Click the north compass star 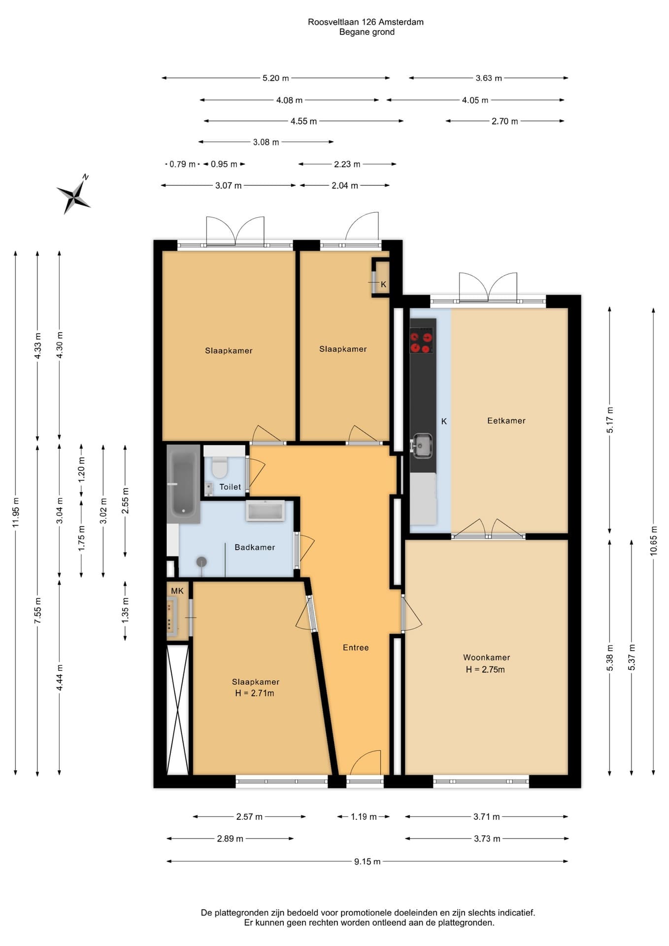point(74,196)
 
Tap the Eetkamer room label point(506,421)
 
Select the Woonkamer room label point(486,657)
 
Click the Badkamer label point(255,547)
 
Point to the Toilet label point(230,487)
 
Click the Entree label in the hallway point(356,647)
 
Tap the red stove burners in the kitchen point(422,342)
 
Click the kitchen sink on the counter point(422,445)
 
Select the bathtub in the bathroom point(183,484)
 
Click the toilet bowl point(219,467)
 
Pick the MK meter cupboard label point(177,591)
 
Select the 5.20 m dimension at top point(275,78)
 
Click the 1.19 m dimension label point(364,817)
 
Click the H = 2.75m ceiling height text point(485,670)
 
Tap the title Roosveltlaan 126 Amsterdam point(366,22)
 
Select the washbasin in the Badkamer point(266,511)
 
